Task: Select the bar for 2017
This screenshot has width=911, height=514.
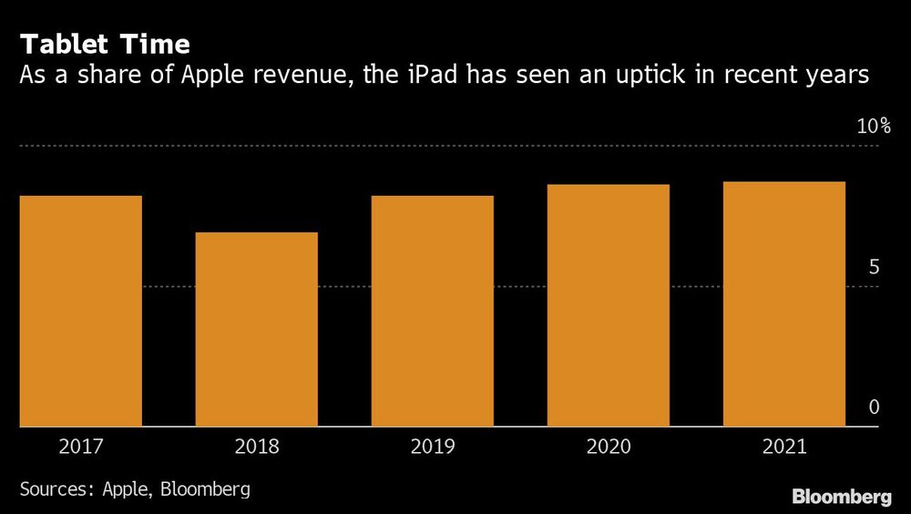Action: pyautogui.click(x=80, y=311)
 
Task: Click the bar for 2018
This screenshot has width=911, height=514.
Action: pyautogui.click(x=256, y=329)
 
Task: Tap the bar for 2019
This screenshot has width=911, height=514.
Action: pyautogui.click(x=432, y=311)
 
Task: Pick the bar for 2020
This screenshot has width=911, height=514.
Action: pyautogui.click(x=608, y=305)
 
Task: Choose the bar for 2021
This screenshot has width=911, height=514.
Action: pyautogui.click(x=783, y=303)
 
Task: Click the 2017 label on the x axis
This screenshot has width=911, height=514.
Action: pyautogui.click(x=80, y=447)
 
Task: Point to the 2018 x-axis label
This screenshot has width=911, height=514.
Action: pyautogui.click(x=256, y=447)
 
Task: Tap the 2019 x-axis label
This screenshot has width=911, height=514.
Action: pyautogui.click(x=432, y=447)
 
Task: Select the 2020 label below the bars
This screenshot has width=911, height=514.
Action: pyautogui.click(x=608, y=447)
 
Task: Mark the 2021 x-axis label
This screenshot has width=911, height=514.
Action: pyautogui.click(x=783, y=447)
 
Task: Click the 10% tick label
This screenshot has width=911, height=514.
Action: pyautogui.click(x=874, y=127)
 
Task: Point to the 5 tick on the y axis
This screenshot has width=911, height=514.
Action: pyautogui.click(x=874, y=267)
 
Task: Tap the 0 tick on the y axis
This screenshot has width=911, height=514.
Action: pyautogui.click(x=874, y=407)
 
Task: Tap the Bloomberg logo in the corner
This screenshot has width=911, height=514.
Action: pyautogui.click(x=841, y=498)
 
